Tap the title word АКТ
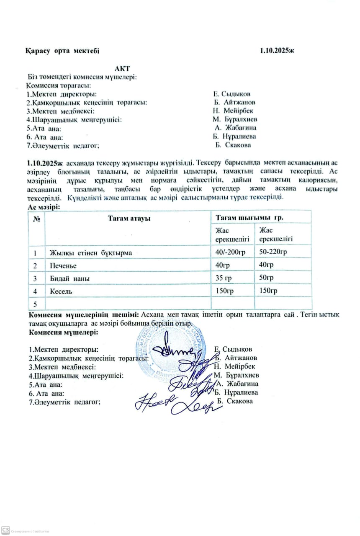[x=123, y=68]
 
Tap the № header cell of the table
[x=36, y=218]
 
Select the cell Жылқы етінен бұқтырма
[x=91, y=253]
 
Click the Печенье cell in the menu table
[x=63, y=265]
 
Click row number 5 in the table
[x=36, y=303]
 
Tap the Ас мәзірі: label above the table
[x=44, y=207]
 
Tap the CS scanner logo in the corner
[x=5, y=531]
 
